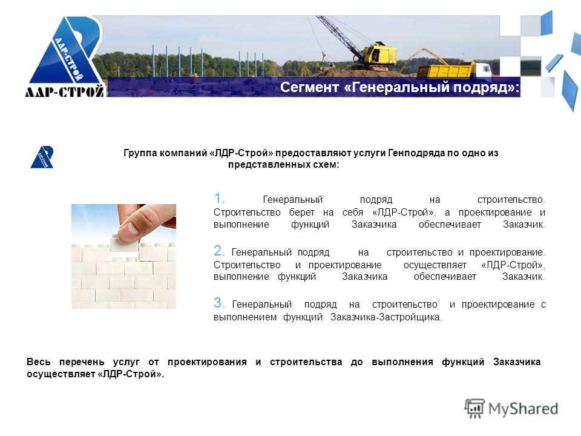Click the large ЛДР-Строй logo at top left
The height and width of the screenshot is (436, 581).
tap(65, 56)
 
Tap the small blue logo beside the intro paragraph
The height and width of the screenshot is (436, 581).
tap(42, 157)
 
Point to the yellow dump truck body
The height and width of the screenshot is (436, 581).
tap(445, 70)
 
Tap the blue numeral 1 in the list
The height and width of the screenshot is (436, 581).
tap(219, 198)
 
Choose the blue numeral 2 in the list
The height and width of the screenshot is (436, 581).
tap(219, 251)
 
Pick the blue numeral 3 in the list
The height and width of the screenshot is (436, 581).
tap(219, 303)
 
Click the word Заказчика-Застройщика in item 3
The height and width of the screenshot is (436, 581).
tap(386, 317)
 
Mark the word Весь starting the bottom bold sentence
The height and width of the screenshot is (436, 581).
tap(39, 362)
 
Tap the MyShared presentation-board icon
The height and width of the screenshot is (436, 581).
tap(474, 409)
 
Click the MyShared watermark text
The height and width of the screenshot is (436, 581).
tap(523, 409)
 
